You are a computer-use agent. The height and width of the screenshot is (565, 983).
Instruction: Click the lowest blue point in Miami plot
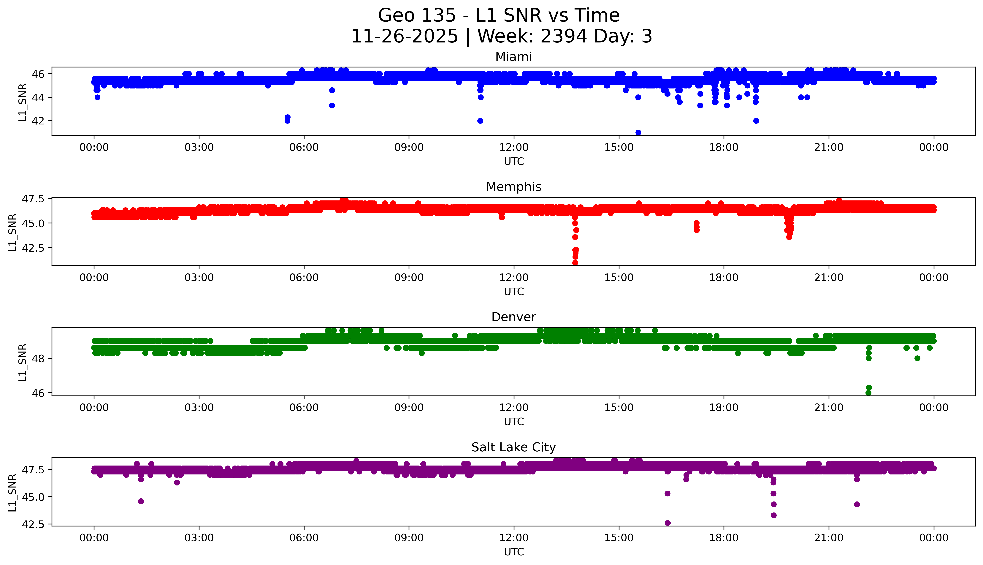click(x=638, y=132)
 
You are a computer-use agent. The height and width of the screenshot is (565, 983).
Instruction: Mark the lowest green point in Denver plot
click(x=869, y=393)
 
